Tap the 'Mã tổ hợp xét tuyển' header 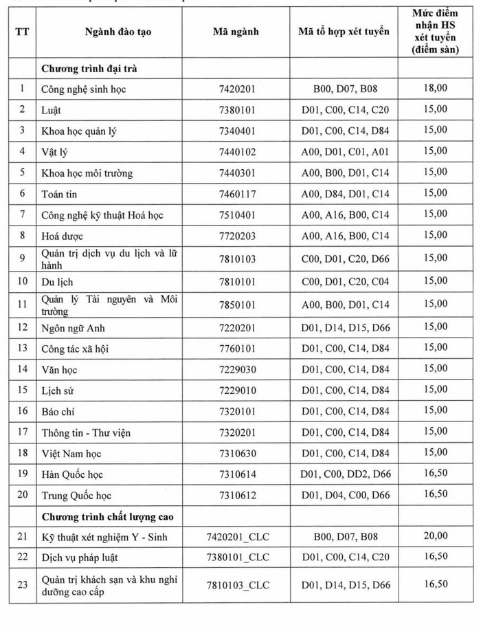[x=344, y=32]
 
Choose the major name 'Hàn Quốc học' [x=73, y=474]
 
